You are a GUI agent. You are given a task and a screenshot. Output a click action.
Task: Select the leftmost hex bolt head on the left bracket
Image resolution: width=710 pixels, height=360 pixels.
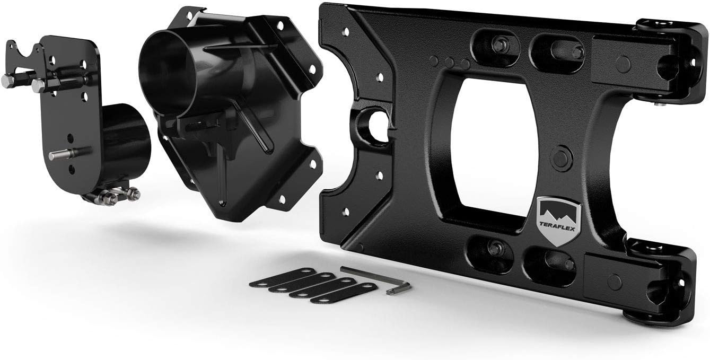(7, 80)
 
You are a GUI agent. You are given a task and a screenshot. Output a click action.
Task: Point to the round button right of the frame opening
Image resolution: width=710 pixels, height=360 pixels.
(562, 157)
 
